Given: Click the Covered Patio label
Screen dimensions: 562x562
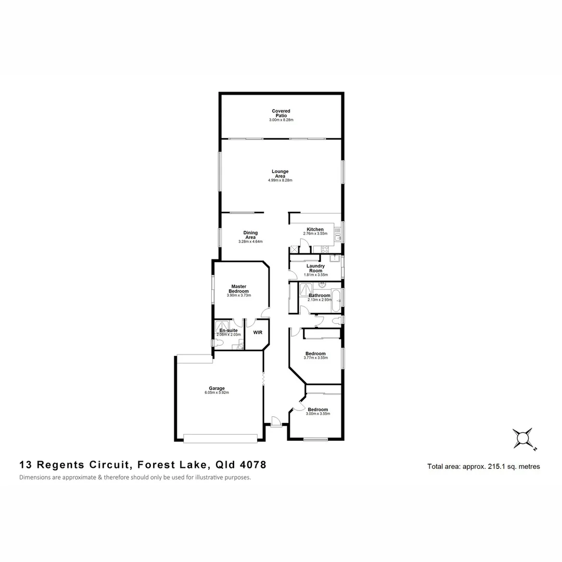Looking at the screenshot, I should coord(281,113).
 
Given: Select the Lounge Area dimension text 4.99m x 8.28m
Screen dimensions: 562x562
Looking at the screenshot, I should coord(280,181).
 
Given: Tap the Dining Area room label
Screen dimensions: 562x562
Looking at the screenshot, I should coord(250,235).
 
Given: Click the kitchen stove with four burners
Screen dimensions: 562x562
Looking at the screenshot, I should coord(295,249).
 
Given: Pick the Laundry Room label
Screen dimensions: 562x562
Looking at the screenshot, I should coord(315,268).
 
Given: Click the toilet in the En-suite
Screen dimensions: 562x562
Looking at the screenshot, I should coord(214,343).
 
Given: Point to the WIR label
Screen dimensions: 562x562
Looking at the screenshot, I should coord(258,332).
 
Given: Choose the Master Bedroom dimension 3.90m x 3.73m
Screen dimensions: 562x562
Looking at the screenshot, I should coord(239,296).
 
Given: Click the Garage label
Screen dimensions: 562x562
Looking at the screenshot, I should coord(216,388).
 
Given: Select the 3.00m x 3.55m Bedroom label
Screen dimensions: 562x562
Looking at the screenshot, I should coord(317,410).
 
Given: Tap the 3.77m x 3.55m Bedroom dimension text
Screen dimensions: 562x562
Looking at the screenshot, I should coord(315,359).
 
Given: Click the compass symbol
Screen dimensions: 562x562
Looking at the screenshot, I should coord(522,438).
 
